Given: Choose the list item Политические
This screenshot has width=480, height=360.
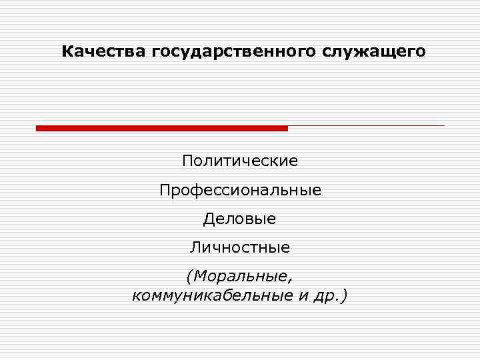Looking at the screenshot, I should [240, 161].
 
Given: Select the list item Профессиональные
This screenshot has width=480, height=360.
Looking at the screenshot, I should [240, 190].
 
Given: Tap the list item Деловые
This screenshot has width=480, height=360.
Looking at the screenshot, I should [240, 219].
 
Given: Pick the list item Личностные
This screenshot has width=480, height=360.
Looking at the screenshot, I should [240, 248].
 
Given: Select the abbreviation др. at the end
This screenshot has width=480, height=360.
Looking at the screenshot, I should [327, 295].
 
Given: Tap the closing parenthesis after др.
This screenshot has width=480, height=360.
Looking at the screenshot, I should [343, 295].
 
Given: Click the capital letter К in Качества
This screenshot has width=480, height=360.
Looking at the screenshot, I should [66, 51].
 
